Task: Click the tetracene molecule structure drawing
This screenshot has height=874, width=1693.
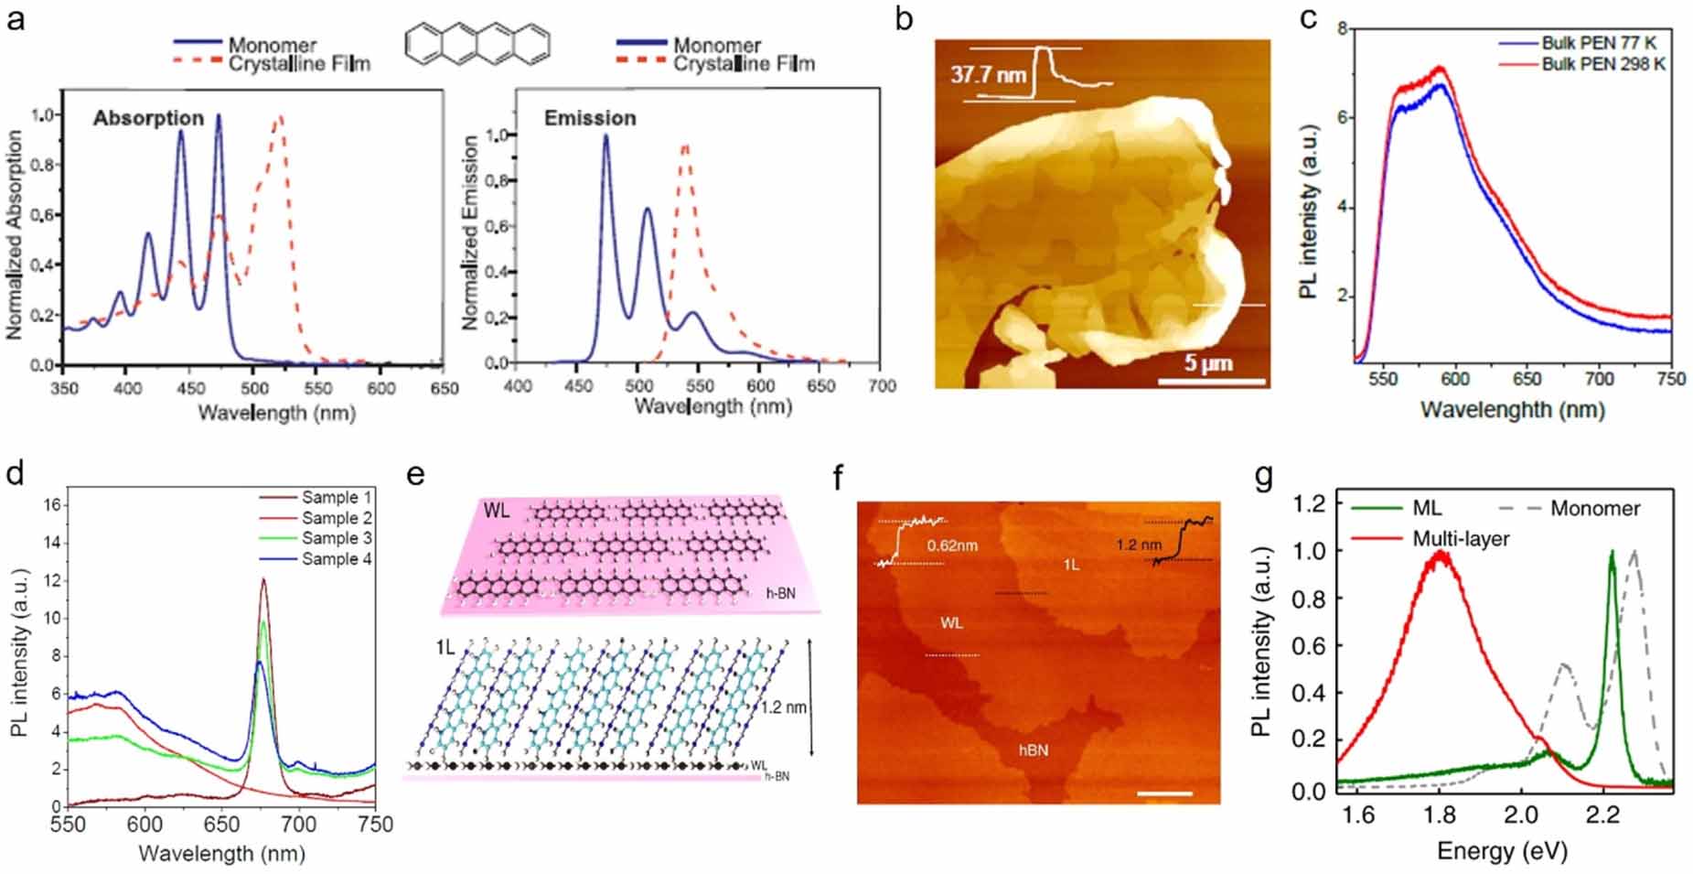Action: [x=477, y=43]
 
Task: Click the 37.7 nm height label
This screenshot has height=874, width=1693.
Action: [x=988, y=73]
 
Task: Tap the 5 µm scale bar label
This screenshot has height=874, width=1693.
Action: [x=1209, y=362]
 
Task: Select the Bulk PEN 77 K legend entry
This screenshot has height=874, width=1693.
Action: [x=1598, y=43]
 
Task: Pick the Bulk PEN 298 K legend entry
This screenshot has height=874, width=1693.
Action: [x=1602, y=64]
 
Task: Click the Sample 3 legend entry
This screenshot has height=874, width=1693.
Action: [x=337, y=538]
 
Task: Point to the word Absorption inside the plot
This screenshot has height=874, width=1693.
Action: [x=148, y=118]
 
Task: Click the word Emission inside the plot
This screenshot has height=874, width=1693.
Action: [x=590, y=118]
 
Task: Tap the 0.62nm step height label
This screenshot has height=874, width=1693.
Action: [x=952, y=545]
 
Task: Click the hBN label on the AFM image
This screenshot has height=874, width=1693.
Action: [x=1034, y=750]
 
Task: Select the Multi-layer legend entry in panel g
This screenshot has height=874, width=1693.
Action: [x=1461, y=539]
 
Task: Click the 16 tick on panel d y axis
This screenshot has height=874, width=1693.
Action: [x=52, y=504]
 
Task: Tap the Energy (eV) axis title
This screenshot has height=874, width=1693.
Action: [x=1502, y=851]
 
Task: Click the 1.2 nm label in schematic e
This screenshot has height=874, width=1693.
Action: [x=785, y=707]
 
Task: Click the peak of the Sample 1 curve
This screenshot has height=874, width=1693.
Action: [x=264, y=579]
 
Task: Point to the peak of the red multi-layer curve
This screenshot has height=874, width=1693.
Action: [x=1441, y=555]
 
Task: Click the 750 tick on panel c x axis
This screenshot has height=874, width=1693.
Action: [x=1670, y=379]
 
